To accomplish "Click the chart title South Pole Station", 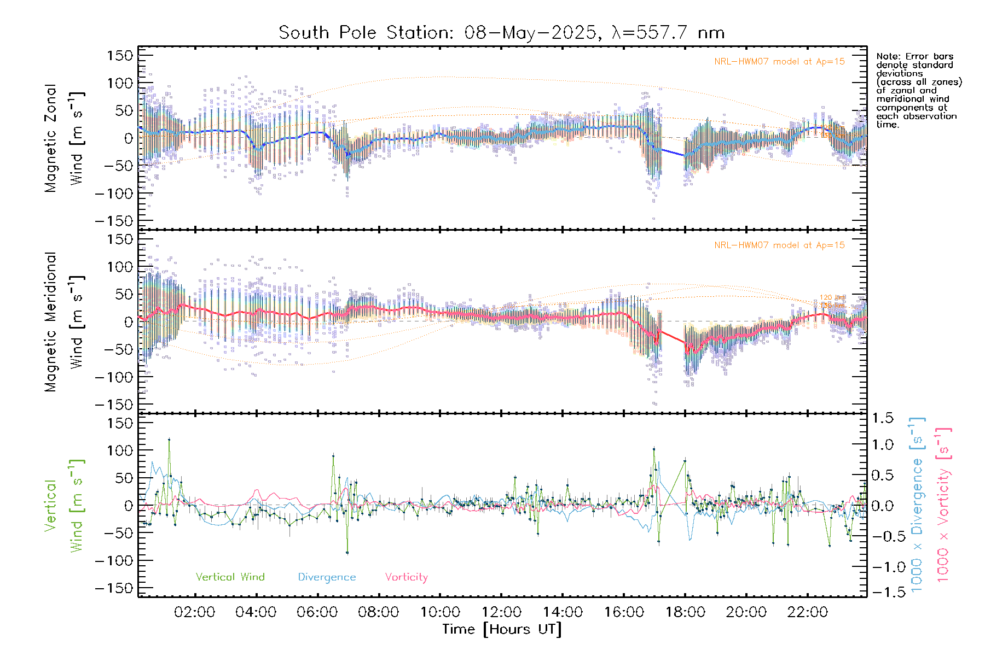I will point(501,33).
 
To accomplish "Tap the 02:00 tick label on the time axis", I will point(194,612).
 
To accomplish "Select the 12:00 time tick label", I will point(501,612).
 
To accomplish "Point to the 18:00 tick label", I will point(685,612).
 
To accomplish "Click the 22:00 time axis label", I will point(808,612).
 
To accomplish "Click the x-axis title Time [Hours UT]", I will point(501,629).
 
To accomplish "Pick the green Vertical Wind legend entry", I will point(230,577).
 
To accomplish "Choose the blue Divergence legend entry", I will point(327,577).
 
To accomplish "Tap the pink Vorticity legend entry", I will point(406,577).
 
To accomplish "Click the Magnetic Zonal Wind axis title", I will point(64,138).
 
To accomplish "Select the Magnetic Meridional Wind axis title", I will point(64,322).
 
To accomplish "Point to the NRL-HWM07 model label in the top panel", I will point(779,61).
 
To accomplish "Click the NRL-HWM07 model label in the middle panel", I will point(779,245).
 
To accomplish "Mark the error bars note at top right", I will point(918,90).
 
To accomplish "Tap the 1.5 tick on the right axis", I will point(882,418).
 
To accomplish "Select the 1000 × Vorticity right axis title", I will point(943,505).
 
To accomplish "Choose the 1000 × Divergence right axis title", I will point(917,505).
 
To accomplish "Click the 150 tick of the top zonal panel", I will point(120,55).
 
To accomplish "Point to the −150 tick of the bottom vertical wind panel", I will point(114,588).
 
